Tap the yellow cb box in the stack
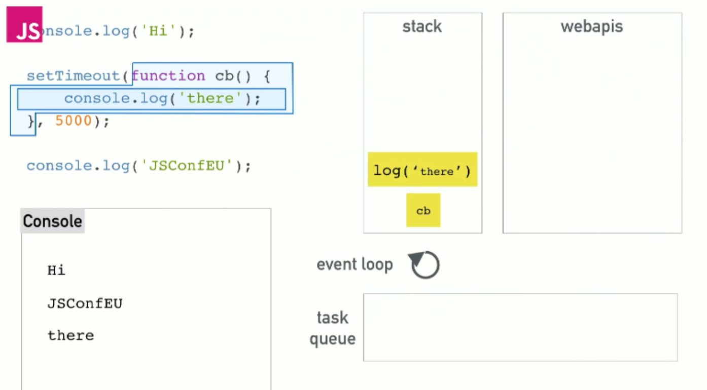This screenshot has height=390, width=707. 423,210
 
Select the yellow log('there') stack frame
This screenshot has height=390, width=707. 422,170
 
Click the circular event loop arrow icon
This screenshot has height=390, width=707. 425,265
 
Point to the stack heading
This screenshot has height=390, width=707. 422,27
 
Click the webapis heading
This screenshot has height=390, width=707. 592,27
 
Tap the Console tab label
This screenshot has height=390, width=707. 53,221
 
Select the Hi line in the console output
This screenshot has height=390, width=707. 56,270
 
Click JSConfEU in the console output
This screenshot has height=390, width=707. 85,303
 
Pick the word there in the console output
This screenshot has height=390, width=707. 70,335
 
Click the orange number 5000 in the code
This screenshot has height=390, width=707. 74,121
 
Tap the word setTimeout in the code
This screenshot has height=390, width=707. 73,76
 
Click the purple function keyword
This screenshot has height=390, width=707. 168,76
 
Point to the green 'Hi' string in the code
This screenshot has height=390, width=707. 159,31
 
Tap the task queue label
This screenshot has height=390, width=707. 332,328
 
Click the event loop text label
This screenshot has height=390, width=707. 355,264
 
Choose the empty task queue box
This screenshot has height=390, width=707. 520,327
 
